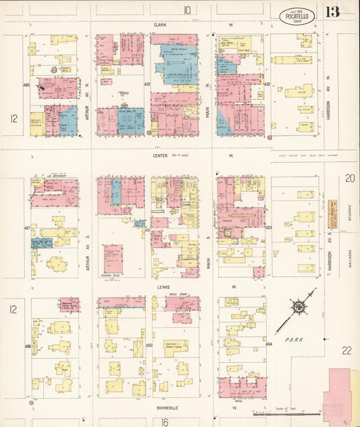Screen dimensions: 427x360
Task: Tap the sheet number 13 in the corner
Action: click(332, 12)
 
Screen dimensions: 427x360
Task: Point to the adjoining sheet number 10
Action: click(186, 9)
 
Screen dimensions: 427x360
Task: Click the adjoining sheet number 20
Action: click(349, 178)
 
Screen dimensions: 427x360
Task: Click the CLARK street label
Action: click(159, 24)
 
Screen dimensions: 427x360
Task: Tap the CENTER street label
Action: click(159, 155)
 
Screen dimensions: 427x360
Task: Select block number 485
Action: click(26, 85)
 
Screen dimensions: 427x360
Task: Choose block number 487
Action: click(27, 228)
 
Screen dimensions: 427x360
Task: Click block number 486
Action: click(27, 346)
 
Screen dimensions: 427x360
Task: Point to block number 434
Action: click(269, 345)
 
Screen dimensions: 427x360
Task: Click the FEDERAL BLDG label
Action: click(112, 276)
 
